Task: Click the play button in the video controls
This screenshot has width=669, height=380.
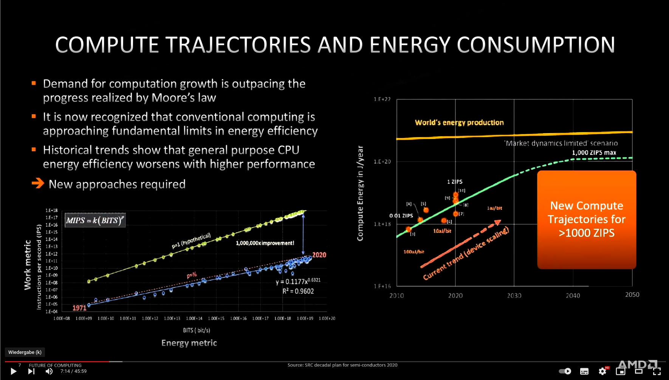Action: pyautogui.click(x=13, y=371)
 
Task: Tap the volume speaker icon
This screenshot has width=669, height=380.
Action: pyautogui.click(x=49, y=371)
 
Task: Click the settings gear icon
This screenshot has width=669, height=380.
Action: pyautogui.click(x=602, y=371)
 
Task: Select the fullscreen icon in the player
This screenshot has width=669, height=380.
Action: pyautogui.click(x=657, y=371)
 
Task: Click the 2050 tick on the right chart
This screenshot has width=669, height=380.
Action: pyautogui.click(x=632, y=295)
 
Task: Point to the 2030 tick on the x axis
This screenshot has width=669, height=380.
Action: pyautogui.click(x=514, y=296)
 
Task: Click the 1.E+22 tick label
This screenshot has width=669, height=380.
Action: pyautogui.click(x=382, y=99)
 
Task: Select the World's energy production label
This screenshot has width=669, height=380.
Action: pyautogui.click(x=459, y=123)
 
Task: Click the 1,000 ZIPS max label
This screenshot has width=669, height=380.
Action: pyautogui.click(x=594, y=153)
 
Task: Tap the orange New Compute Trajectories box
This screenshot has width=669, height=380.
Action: pyautogui.click(x=587, y=219)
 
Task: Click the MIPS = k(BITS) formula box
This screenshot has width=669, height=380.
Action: pyautogui.click(x=95, y=220)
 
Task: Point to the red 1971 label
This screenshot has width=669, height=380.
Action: pyautogui.click(x=79, y=308)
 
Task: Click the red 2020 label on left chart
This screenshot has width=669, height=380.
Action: pyautogui.click(x=319, y=255)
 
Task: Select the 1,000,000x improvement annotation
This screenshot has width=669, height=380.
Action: pyautogui.click(x=265, y=243)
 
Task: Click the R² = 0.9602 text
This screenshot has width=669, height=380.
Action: pyautogui.click(x=298, y=291)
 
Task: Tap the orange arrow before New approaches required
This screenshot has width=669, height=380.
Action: pyautogui.click(x=38, y=184)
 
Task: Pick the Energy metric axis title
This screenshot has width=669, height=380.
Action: pyautogui.click(x=189, y=343)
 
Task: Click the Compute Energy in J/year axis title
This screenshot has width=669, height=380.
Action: pyautogui.click(x=360, y=193)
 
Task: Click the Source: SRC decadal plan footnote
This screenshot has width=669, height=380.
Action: pyautogui.click(x=342, y=365)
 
